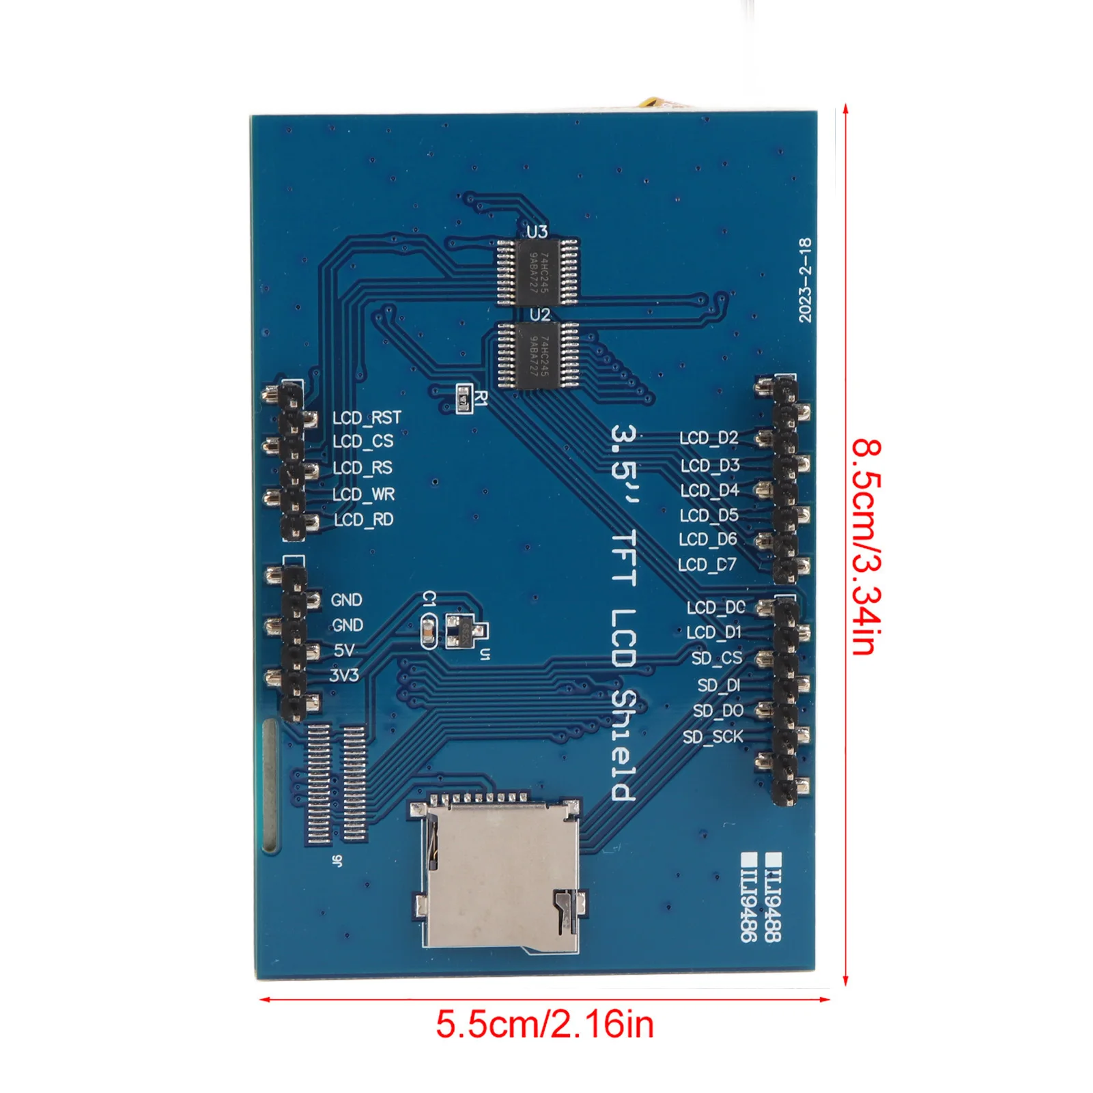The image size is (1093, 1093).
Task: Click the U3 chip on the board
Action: point(537,271)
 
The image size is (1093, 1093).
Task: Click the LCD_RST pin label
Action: point(367,417)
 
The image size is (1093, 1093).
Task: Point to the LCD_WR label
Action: point(363,494)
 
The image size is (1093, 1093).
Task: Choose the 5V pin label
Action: point(345,651)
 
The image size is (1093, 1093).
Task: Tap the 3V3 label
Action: point(344,675)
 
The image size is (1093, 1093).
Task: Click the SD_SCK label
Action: point(713,737)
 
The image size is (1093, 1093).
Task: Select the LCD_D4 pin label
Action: point(709,490)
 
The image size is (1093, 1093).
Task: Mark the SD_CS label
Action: point(716,658)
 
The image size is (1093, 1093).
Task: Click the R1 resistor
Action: point(464,397)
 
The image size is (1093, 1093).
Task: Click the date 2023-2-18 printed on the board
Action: point(806,280)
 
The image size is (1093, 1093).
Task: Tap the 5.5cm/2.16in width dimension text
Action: point(545,1024)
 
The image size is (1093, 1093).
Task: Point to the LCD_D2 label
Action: point(709,438)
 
